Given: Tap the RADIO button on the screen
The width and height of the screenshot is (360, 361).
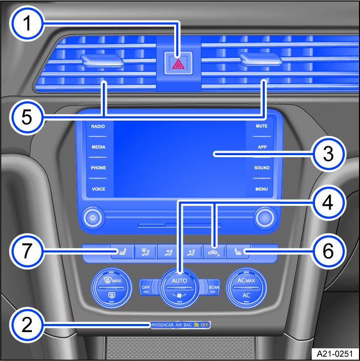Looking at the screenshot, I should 98,126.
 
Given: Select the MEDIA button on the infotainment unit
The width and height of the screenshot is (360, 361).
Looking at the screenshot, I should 98,147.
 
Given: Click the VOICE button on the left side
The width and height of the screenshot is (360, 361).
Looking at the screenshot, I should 98,189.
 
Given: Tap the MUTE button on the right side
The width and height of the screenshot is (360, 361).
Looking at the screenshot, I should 262,126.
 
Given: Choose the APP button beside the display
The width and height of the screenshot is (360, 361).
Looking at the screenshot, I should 262,147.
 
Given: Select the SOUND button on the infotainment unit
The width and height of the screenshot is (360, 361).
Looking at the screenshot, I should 262,168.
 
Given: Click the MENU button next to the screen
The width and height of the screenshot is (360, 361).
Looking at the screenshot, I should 262,189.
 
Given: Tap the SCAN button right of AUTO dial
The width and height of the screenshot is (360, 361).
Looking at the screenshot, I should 214,287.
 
